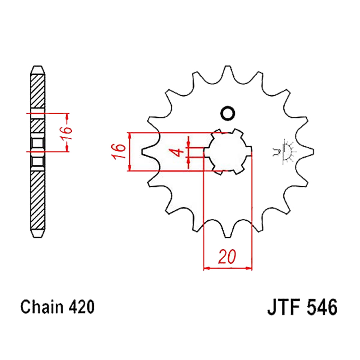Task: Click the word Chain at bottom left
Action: (42, 307)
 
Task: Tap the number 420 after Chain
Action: (81, 307)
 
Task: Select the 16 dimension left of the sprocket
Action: (119, 151)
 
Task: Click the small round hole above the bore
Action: (228, 113)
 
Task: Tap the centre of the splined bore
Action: (228, 152)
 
